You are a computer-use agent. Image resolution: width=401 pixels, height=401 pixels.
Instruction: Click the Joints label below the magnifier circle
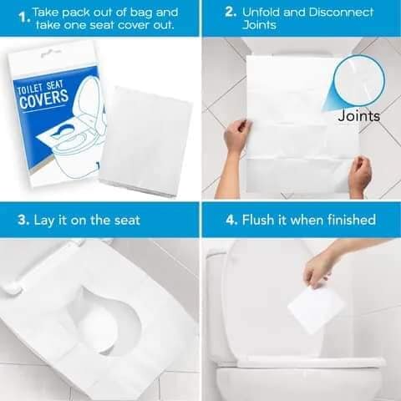point(358,116)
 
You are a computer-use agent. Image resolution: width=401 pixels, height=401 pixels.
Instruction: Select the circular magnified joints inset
point(358,80)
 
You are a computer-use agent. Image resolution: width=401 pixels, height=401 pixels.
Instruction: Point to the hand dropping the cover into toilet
point(322,265)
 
